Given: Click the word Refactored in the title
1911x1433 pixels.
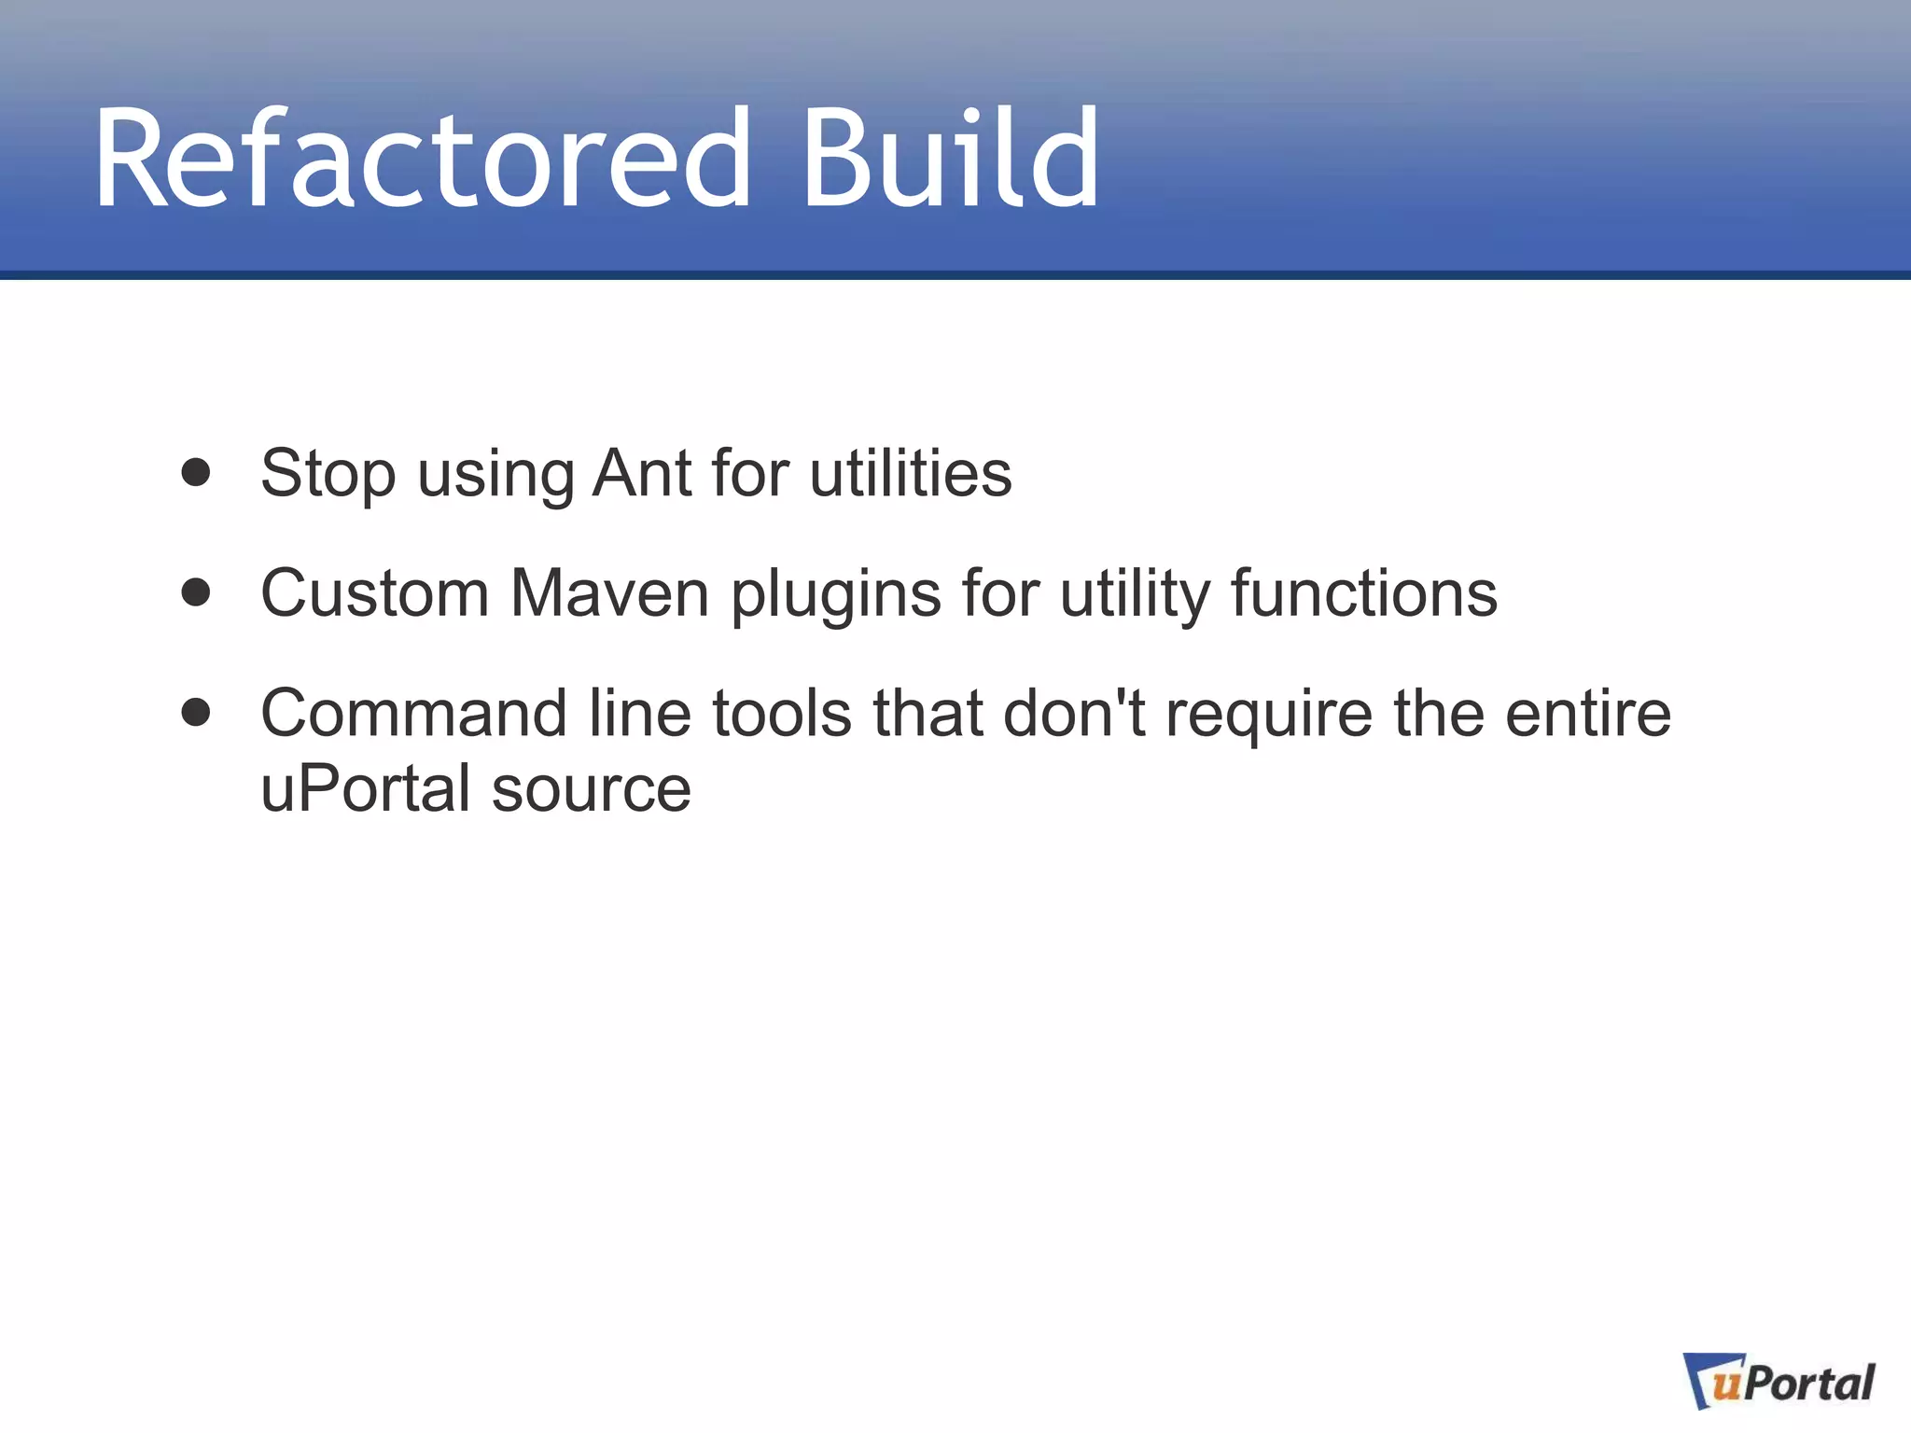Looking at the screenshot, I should pos(422,159).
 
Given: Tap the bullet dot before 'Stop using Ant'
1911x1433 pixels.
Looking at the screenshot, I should pos(196,472).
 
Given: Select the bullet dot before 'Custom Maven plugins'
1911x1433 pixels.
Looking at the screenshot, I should pos(196,592).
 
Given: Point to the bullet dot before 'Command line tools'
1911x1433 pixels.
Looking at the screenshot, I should pos(196,713).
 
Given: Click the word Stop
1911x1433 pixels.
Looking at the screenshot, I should pos(328,474).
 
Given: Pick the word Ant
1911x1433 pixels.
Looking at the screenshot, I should pos(643,474).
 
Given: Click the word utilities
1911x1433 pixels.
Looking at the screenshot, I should pos(911,474).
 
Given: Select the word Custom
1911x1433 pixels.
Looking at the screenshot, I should pos(374,593).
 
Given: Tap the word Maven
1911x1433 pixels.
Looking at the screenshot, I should pos(610,593).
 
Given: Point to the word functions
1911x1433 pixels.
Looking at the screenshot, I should pos(1364,593).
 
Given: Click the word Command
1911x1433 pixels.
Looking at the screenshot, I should pos(413,714).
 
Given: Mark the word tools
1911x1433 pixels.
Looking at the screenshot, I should pos(782,714).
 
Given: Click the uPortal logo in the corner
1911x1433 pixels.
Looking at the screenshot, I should pos(1780,1382).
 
